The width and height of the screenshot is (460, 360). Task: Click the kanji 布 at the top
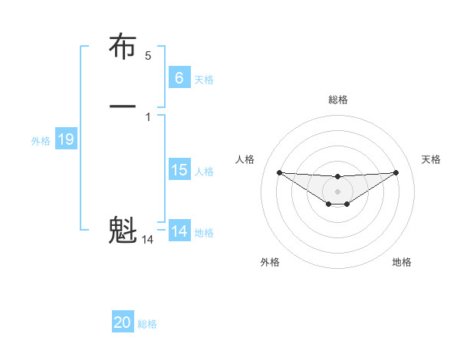(x=123, y=47)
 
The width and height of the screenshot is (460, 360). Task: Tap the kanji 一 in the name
(x=123, y=106)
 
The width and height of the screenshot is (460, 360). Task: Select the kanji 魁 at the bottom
(x=123, y=229)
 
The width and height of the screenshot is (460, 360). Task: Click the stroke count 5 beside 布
(x=148, y=56)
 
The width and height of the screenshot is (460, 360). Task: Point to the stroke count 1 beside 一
(x=148, y=116)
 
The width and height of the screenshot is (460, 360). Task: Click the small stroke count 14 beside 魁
(x=148, y=240)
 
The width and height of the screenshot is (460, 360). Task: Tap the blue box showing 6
(x=179, y=77)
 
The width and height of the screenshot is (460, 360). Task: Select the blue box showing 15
(x=179, y=170)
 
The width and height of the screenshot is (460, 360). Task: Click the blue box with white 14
(x=179, y=231)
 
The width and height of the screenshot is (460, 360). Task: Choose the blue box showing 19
(x=66, y=139)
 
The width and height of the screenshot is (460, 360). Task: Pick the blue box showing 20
(x=123, y=322)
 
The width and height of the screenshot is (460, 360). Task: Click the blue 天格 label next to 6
(x=204, y=79)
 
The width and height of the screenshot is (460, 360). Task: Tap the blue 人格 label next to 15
(x=204, y=172)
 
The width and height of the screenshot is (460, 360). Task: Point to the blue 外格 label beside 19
(x=41, y=141)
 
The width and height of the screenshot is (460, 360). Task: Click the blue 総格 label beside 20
(x=148, y=324)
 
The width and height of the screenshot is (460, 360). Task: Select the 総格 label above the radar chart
(x=338, y=100)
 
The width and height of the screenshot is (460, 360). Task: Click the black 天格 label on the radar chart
(x=432, y=159)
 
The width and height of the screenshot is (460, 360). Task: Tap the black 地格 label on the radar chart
(x=402, y=262)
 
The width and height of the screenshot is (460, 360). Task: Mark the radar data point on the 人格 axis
(x=279, y=172)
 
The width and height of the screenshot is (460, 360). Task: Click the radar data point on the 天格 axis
(x=396, y=172)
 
